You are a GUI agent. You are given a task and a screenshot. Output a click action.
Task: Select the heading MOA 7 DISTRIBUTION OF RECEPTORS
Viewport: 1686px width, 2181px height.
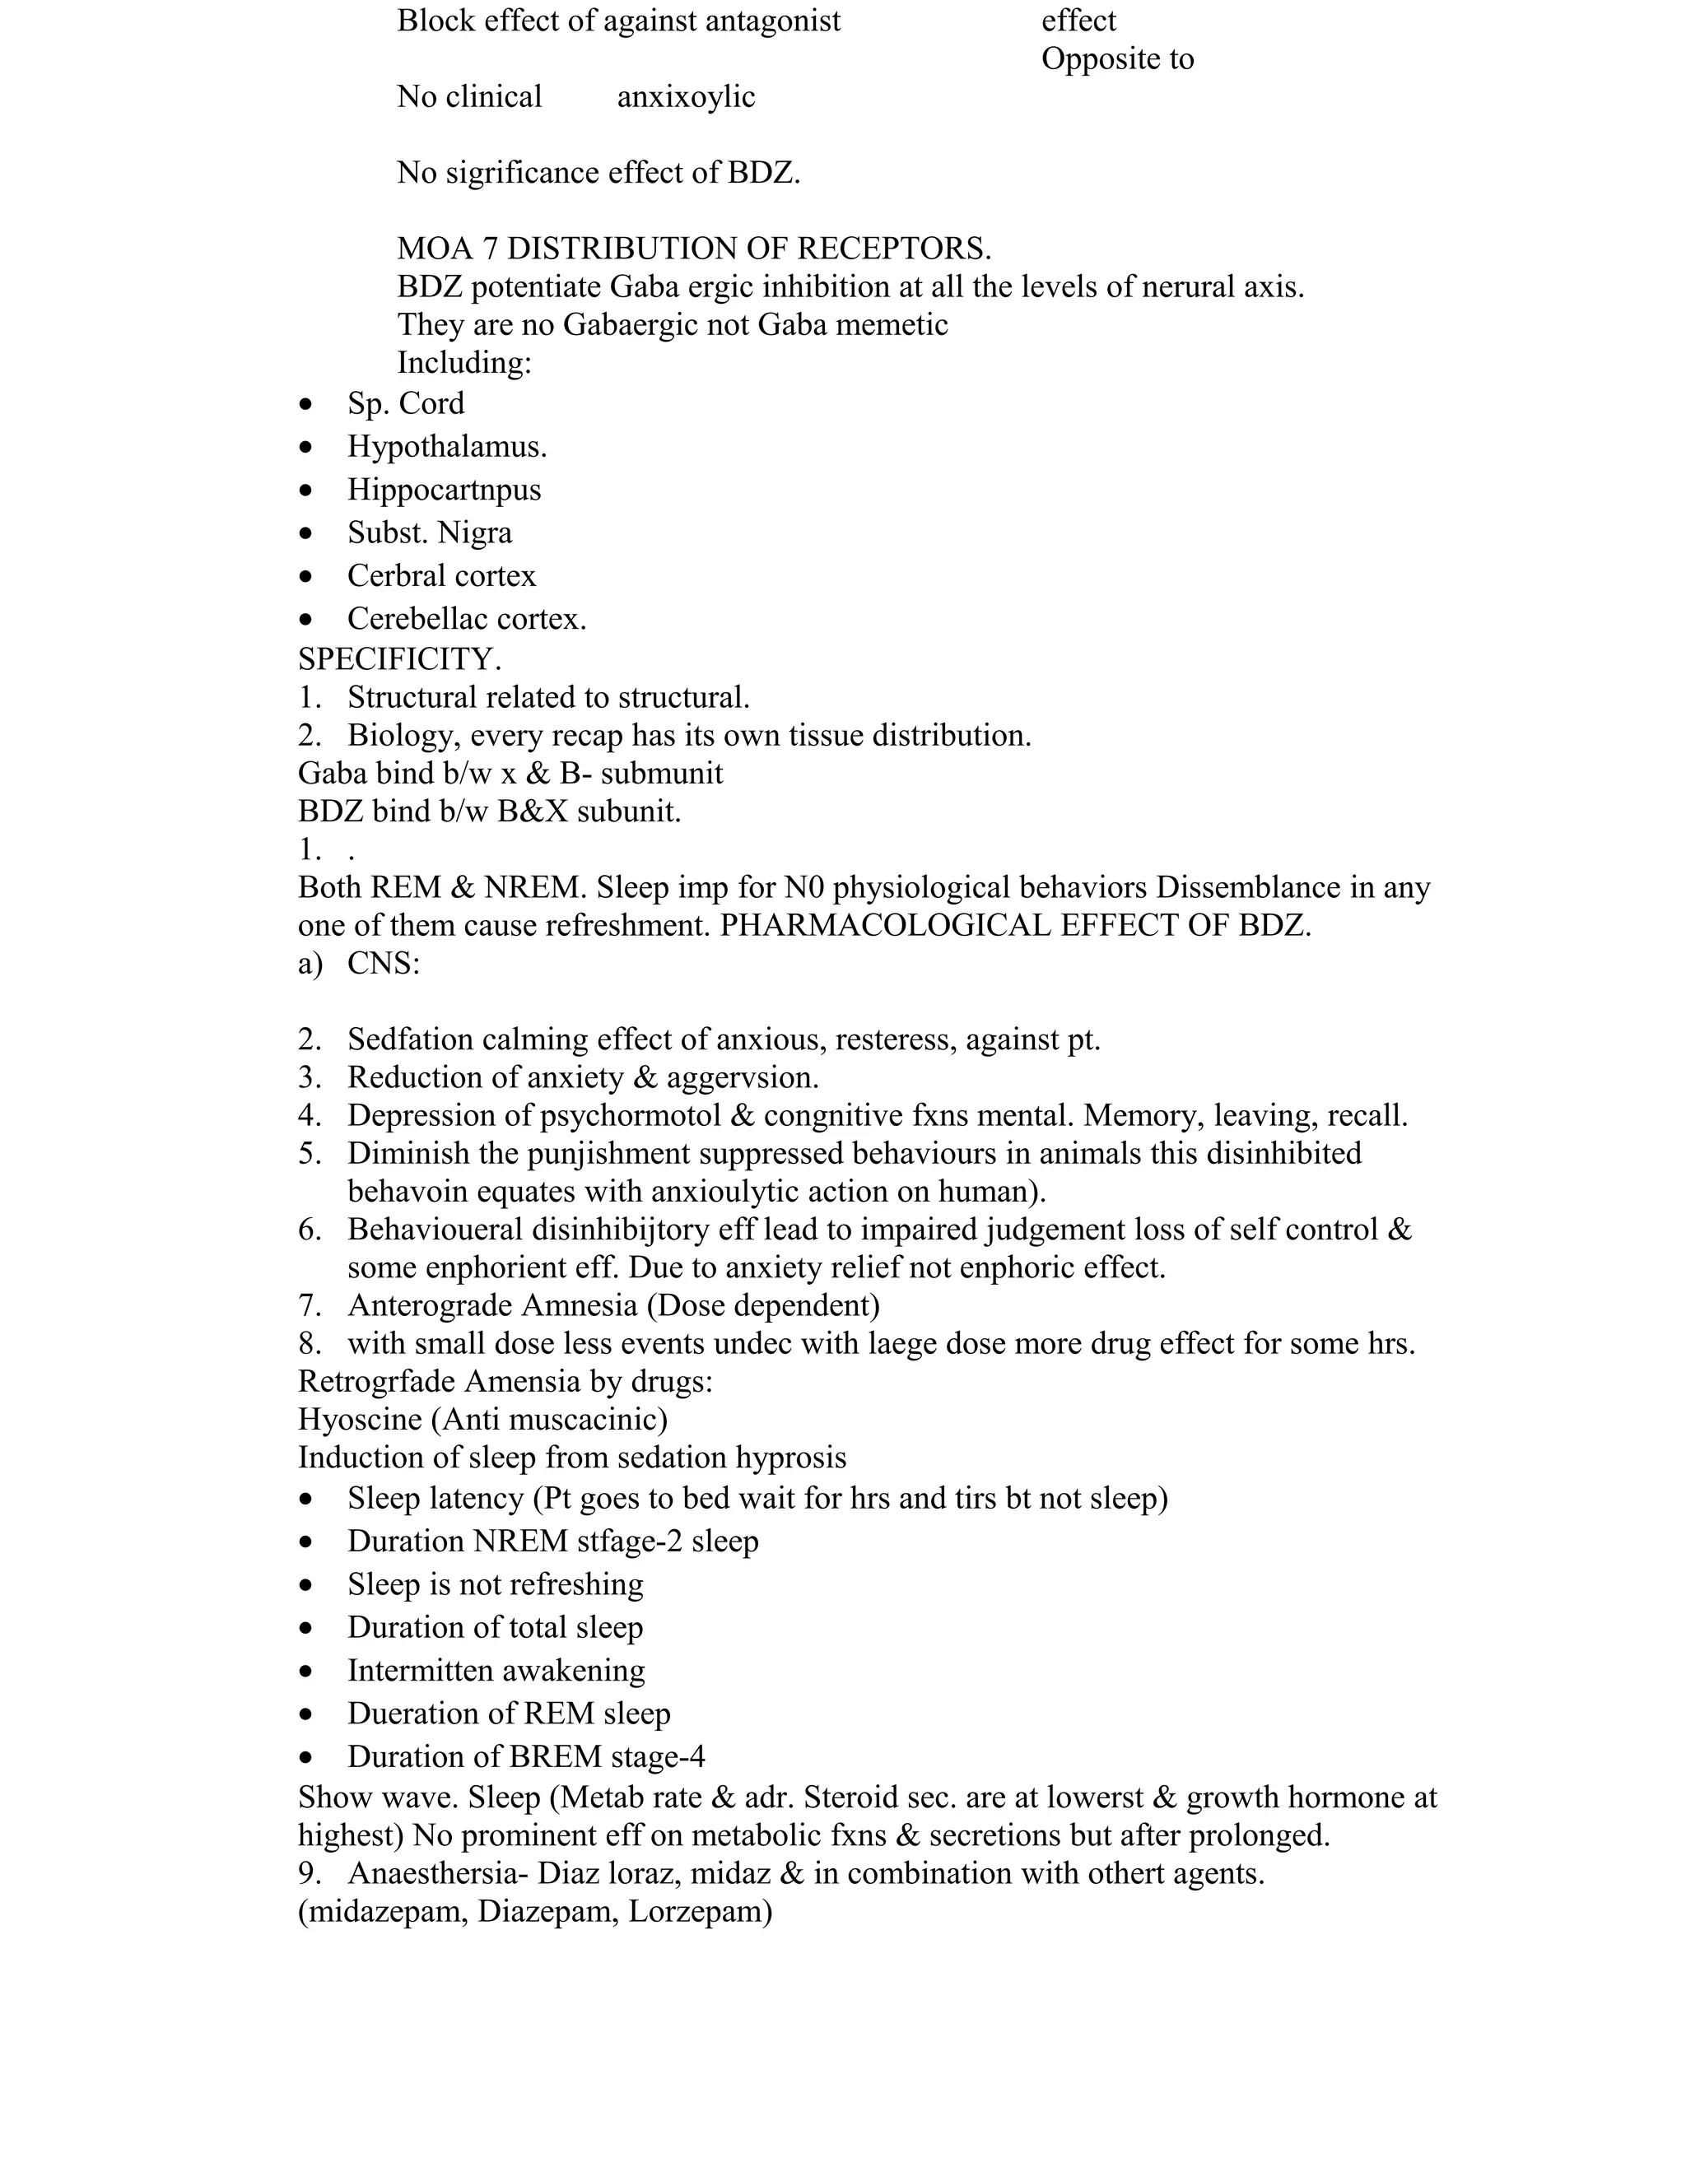click(693, 248)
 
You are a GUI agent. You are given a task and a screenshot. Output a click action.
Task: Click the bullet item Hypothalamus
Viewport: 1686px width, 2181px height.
click(446, 446)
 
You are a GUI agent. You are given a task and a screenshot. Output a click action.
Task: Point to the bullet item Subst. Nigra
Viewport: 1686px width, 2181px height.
click(430, 532)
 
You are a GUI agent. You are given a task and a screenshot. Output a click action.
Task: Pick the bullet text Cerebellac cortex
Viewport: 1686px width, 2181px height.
click(467, 619)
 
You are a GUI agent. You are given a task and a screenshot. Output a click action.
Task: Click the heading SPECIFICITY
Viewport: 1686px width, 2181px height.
click(399, 659)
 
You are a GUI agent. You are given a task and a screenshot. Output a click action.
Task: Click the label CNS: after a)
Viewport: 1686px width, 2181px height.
click(384, 964)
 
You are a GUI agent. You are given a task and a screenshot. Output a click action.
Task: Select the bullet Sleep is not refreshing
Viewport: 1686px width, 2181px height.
click(495, 1583)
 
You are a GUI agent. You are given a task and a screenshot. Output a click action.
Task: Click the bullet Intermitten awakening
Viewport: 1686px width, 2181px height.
click(496, 1670)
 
